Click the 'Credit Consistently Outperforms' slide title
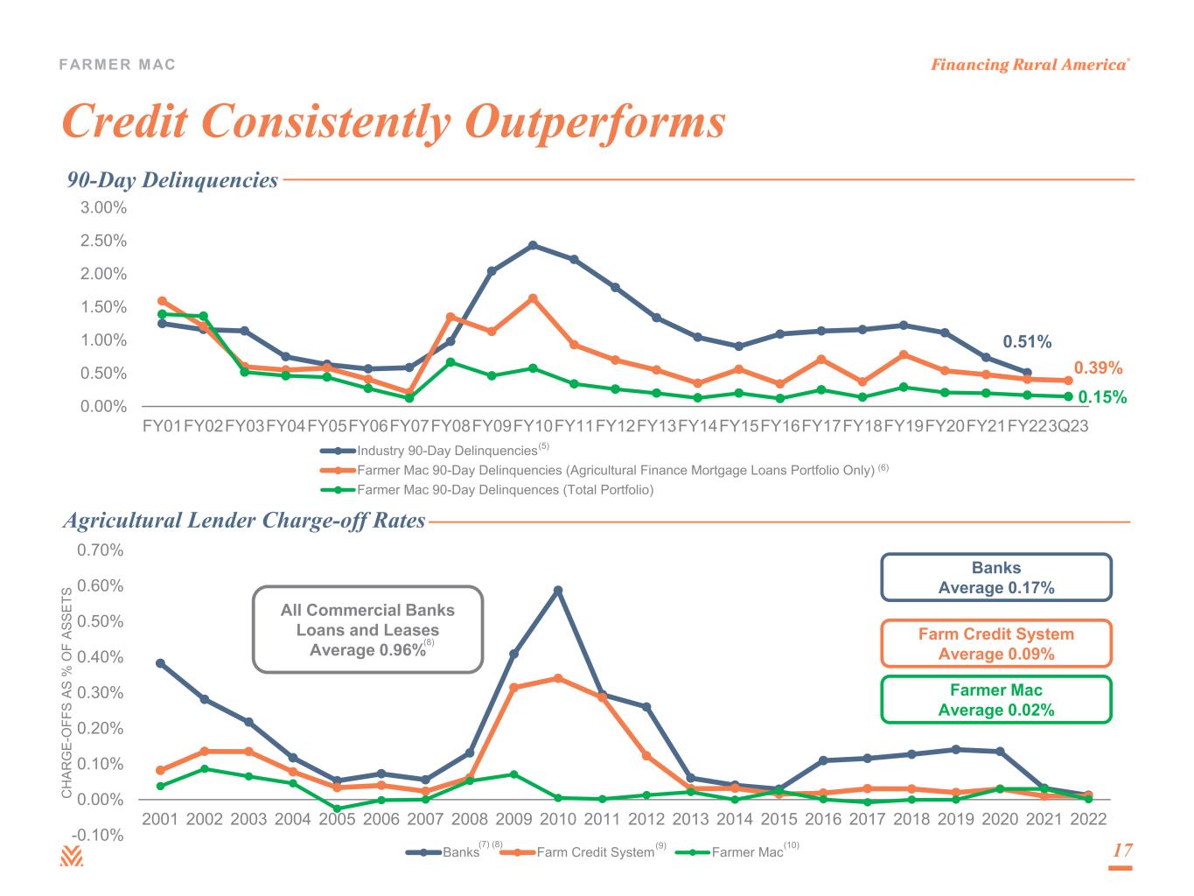click(393, 122)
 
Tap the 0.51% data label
click(1026, 341)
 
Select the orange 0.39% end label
click(1098, 368)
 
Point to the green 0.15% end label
click(1101, 397)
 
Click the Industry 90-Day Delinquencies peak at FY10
click(533, 245)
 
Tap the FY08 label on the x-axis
click(450, 426)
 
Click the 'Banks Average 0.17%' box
click(995, 577)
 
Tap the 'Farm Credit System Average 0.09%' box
click(995, 644)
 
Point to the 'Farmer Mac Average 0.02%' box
click(995, 700)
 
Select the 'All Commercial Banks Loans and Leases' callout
click(367, 629)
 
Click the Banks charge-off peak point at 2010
click(558, 591)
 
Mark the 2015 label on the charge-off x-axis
click(779, 820)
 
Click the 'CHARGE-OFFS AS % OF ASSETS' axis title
click(66, 694)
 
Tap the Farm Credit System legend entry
click(595, 852)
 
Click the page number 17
click(1121, 850)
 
